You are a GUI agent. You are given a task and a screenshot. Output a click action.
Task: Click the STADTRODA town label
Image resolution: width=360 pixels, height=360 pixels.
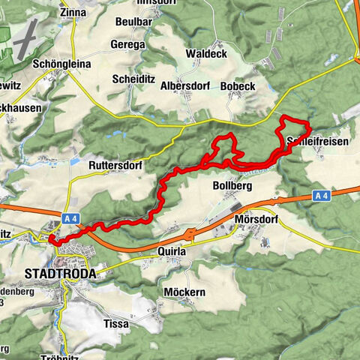[61, 274]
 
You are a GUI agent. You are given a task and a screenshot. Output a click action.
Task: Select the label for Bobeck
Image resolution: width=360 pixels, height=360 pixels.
[238, 86]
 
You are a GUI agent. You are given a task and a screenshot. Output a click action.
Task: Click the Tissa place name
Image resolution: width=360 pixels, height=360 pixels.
[115, 324]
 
